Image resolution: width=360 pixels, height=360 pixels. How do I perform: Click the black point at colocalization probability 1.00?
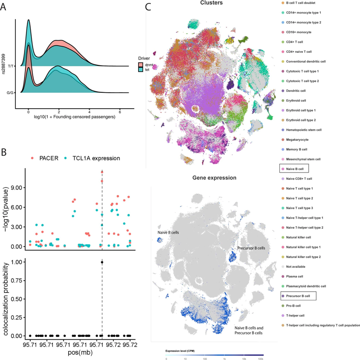pos(102,262)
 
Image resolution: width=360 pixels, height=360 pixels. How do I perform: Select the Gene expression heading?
pos(214,178)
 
